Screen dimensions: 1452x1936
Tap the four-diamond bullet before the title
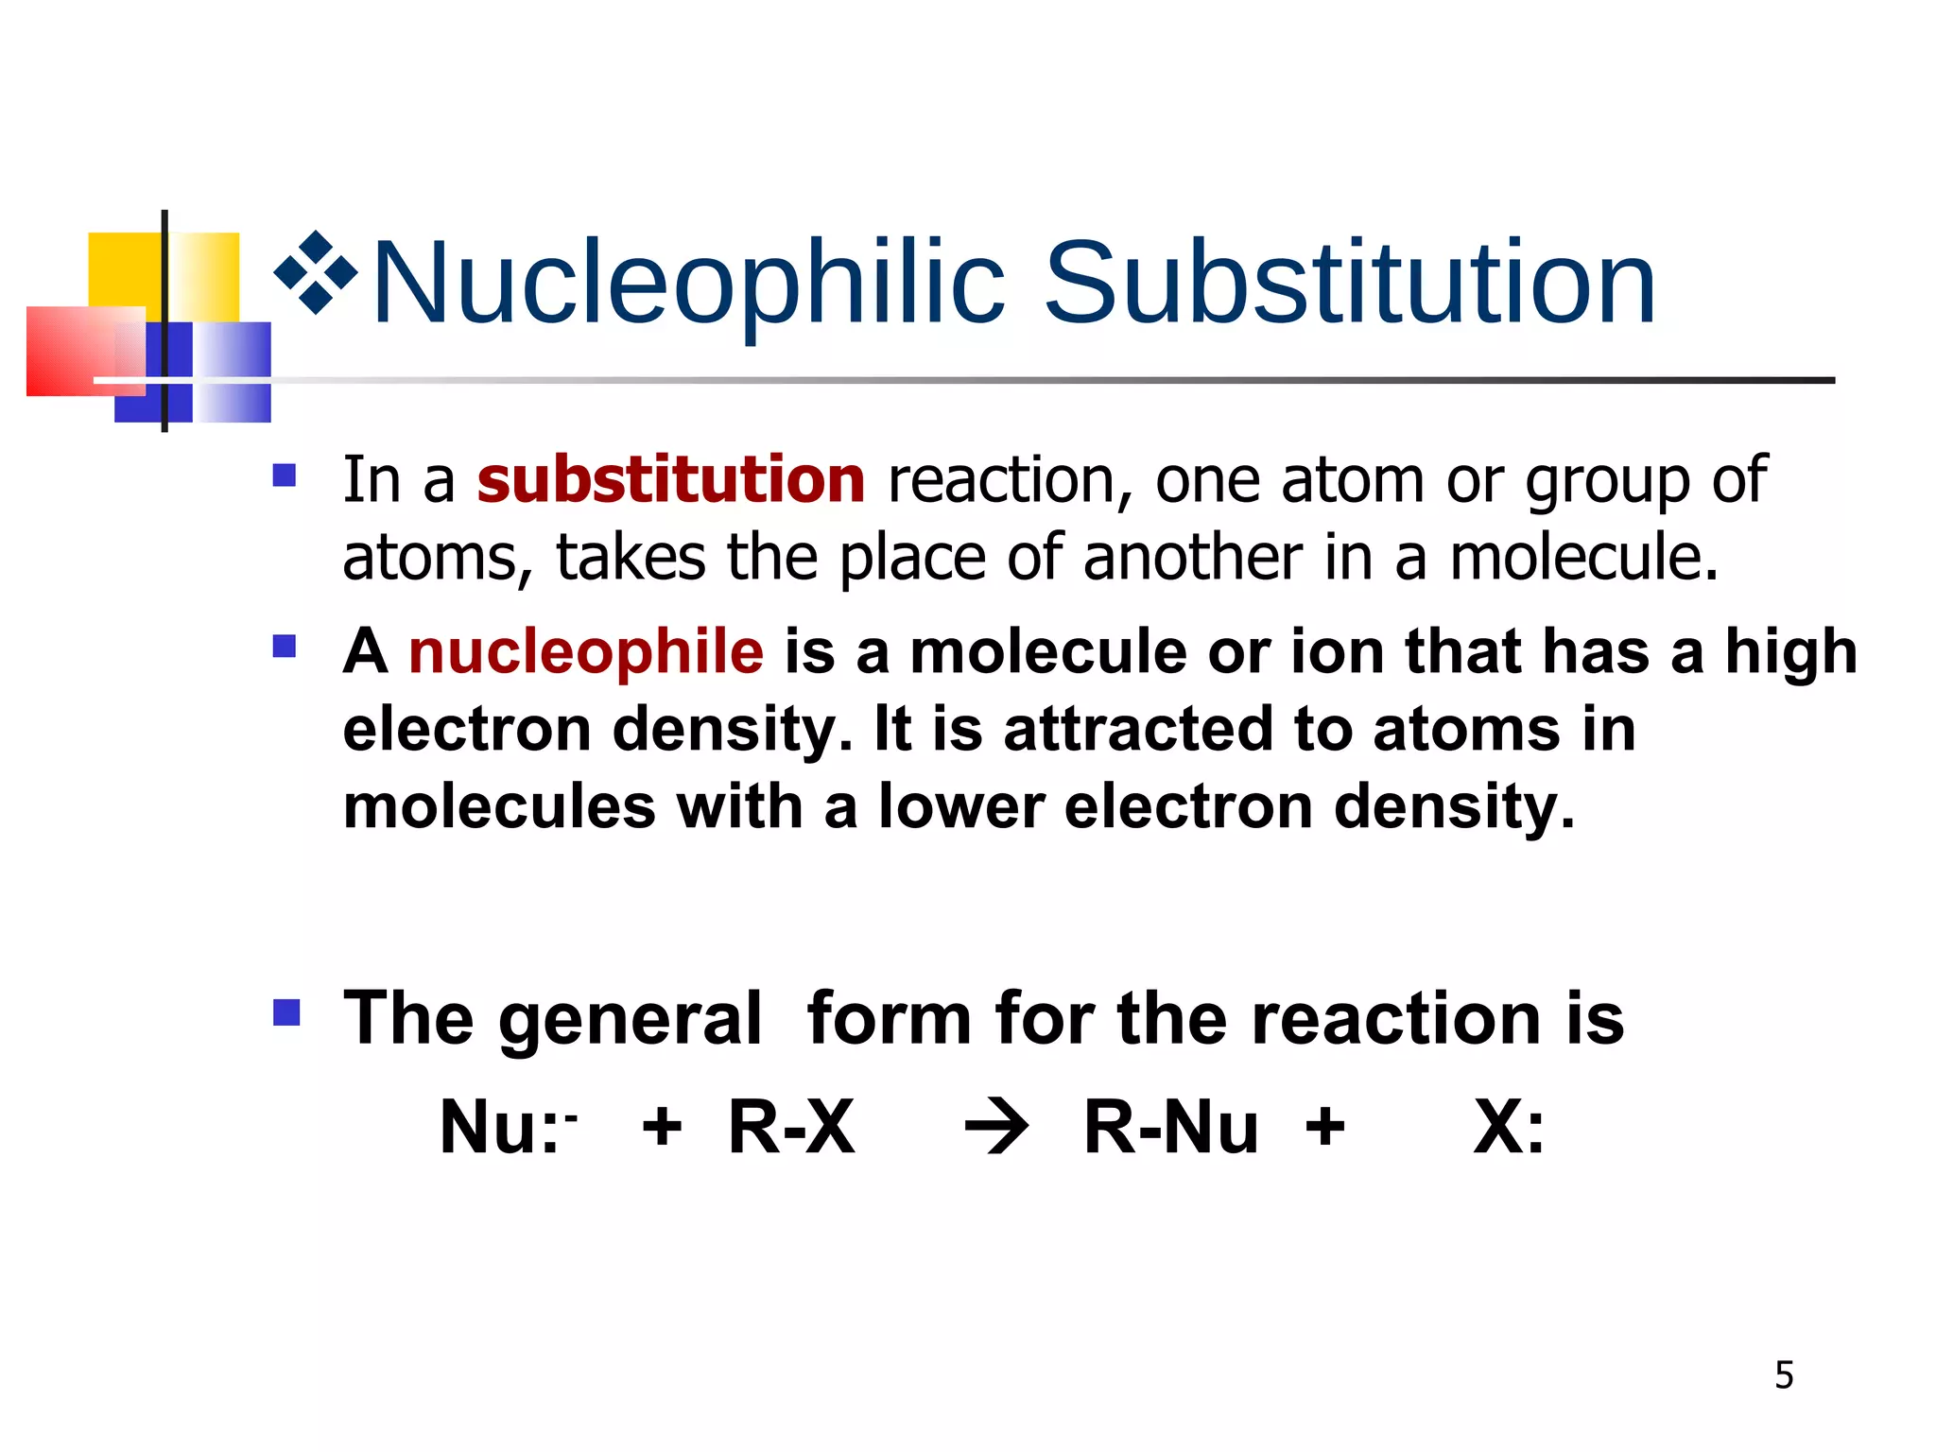pos(316,272)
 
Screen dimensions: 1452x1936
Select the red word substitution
pos(670,479)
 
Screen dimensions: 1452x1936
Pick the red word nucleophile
pos(585,651)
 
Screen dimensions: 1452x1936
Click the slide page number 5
pos(1784,1375)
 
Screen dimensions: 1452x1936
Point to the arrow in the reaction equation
pos(996,1128)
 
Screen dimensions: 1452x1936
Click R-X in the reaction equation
pos(791,1128)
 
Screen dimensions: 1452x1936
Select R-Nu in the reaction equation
pos(1170,1128)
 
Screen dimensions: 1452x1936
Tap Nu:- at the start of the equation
pos(508,1128)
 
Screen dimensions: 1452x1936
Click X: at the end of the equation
pos(1509,1128)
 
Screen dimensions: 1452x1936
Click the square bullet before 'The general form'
pos(285,1013)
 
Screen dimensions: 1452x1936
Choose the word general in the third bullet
pos(630,1019)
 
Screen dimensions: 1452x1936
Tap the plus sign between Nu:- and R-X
pos(662,1128)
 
